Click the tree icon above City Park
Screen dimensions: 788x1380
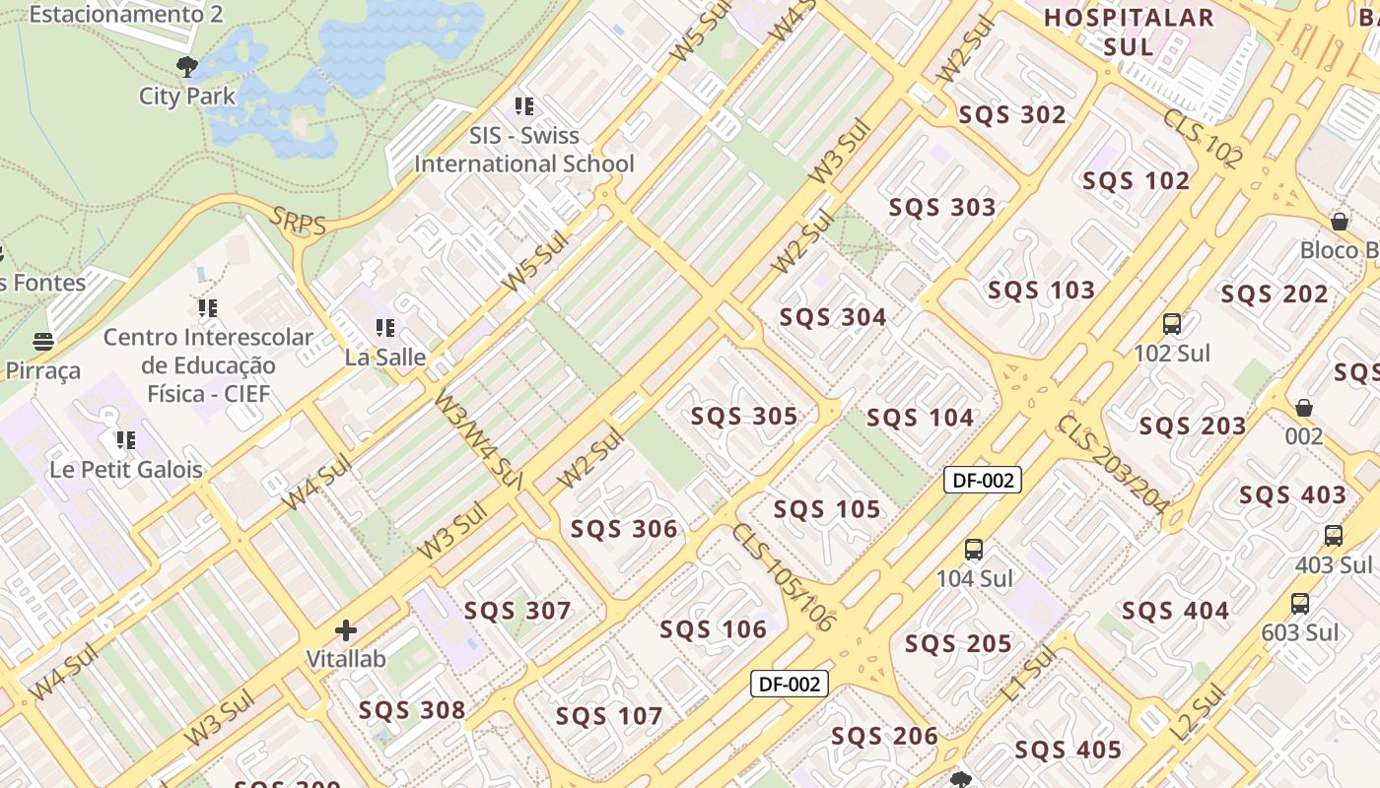coord(186,67)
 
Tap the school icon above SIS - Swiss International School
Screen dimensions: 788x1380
coord(524,105)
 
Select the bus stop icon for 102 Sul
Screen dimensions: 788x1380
coord(1172,323)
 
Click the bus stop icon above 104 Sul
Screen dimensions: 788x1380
coord(974,550)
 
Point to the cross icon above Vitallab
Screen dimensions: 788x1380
coord(346,630)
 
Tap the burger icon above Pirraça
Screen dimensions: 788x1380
coord(42,342)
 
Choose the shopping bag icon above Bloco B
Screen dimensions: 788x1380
coord(1339,221)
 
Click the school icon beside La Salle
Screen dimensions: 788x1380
coord(384,327)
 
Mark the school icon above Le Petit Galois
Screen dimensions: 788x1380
coord(126,439)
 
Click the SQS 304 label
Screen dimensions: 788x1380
coord(833,317)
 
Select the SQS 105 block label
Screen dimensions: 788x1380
coord(826,509)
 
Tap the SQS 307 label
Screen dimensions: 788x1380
coord(517,611)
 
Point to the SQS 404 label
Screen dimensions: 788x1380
coord(1175,611)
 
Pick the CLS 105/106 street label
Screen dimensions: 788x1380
coord(782,577)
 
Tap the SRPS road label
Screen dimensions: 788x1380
coord(298,223)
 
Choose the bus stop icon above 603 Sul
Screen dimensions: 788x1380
coord(1300,604)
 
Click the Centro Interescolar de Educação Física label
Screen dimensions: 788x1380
coord(208,365)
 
